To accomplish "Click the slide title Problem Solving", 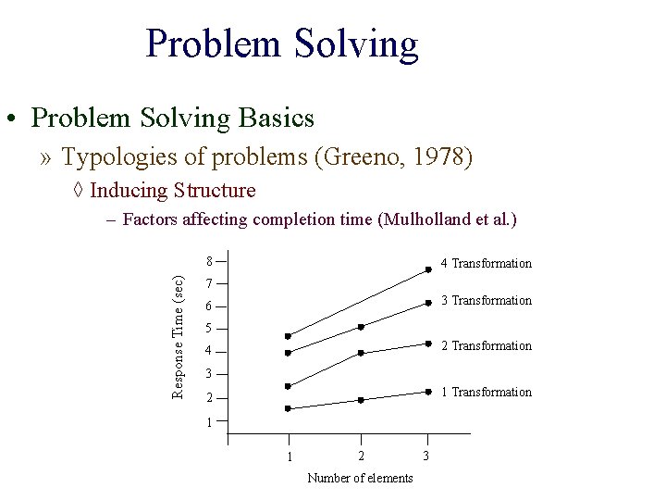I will (282, 44).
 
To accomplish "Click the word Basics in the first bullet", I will (276, 119).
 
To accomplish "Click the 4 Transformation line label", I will (486, 264).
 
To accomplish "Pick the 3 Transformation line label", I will (486, 301).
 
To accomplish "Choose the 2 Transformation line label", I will (486, 346).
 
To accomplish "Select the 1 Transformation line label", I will (486, 393).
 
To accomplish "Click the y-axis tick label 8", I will (210, 261).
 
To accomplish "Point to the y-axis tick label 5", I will (210, 329).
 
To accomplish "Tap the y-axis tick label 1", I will (210, 422).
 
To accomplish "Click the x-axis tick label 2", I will (361, 456).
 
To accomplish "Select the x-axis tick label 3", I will (425, 456).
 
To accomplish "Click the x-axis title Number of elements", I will (360, 478).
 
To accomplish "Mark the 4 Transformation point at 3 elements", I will (428, 269).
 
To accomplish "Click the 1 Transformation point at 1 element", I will (288, 408).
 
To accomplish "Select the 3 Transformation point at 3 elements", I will (428, 303).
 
